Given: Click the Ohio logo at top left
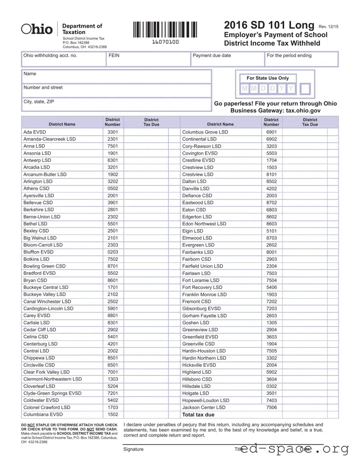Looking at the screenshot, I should (37, 29).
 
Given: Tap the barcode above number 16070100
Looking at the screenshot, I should (165, 30).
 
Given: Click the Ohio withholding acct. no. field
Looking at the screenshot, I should (63, 59).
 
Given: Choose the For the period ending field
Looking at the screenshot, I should (301, 59).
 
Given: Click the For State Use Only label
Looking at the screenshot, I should (267, 78).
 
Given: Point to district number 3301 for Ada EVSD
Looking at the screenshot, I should (113, 132).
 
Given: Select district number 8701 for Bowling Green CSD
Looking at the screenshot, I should (113, 266).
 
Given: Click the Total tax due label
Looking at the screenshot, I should (198, 415).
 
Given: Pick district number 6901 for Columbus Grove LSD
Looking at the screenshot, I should (271, 132).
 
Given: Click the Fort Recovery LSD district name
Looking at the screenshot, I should (202, 288).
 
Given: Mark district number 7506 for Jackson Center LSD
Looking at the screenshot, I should (271, 408).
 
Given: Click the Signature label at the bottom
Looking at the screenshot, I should (133, 449).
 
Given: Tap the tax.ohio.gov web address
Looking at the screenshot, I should (300, 111).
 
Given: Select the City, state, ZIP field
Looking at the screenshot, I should (116, 105).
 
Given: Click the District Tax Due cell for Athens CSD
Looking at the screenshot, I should (145, 189).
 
